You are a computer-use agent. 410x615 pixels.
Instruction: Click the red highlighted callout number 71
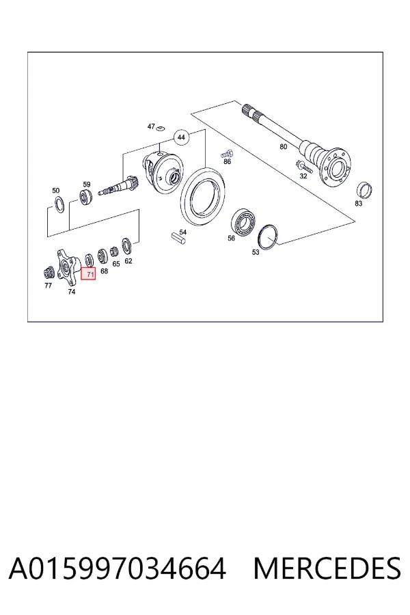tap(90, 274)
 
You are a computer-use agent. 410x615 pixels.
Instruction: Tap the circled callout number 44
tap(181, 137)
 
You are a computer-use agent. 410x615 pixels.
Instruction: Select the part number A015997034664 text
tap(118, 568)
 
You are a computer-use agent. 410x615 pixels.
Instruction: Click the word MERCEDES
tap(327, 568)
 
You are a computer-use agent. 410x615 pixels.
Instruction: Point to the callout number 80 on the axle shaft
tap(284, 147)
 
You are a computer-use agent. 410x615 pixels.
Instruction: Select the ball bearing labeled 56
tap(243, 222)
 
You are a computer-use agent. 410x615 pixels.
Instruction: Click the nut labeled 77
tap(49, 272)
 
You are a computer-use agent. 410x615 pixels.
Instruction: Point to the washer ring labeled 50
tap(59, 205)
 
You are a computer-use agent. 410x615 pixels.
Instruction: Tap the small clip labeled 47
tap(159, 128)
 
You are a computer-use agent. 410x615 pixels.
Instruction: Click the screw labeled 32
tap(303, 166)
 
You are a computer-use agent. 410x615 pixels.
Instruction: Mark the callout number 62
tap(128, 261)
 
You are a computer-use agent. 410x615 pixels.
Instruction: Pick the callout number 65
tap(116, 264)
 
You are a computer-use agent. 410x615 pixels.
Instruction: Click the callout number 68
tap(104, 271)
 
